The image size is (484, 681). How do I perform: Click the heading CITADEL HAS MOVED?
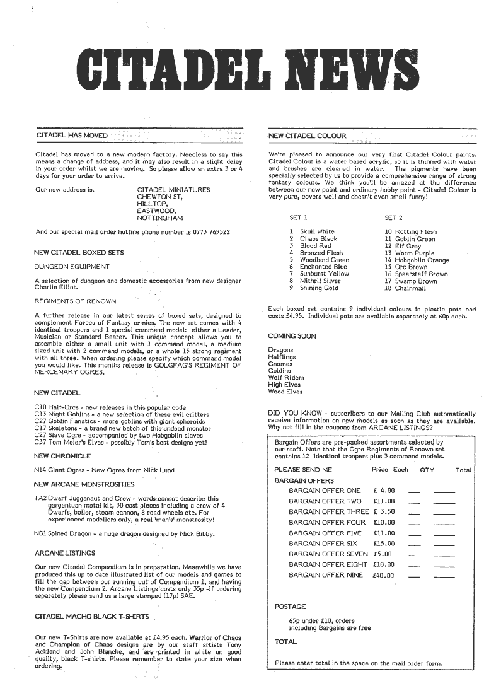click(72, 136)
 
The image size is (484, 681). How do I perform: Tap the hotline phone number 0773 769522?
click(207, 232)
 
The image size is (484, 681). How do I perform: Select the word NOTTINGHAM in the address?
click(159, 218)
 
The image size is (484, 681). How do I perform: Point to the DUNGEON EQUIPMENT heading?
click(68, 266)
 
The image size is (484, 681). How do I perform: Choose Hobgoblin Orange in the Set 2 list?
click(422, 260)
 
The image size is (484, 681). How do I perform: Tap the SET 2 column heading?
click(393, 218)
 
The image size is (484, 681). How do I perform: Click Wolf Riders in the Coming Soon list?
click(285, 378)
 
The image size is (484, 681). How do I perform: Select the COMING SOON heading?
click(292, 336)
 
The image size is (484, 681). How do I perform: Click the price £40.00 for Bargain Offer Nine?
click(383, 575)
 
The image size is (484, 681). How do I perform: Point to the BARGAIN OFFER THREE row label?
click(328, 511)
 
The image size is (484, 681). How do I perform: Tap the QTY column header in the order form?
click(427, 470)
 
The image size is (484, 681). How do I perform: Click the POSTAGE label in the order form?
click(290, 607)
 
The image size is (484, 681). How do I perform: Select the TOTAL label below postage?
click(285, 642)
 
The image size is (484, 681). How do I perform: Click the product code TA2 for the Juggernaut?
click(40, 498)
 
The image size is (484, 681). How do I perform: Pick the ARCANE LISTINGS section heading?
click(65, 553)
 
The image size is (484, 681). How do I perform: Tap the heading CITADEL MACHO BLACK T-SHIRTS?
click(92, 615)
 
